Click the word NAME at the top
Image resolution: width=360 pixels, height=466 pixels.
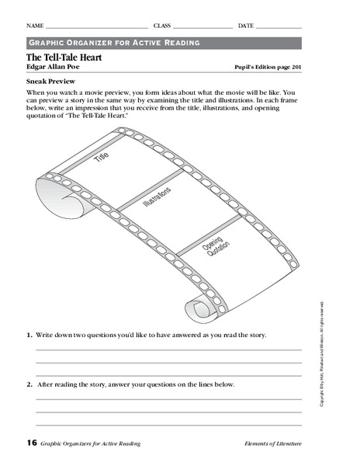34,26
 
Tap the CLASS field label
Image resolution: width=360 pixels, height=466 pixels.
162,26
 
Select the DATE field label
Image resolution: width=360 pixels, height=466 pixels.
246,26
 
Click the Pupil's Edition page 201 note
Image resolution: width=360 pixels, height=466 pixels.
268,68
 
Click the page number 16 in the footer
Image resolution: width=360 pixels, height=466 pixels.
31,443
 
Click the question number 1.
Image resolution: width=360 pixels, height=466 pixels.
29,335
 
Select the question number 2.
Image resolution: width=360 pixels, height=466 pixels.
29,384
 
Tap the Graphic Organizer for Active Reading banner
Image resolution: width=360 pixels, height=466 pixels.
114,43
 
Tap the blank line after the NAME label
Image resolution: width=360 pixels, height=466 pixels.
97,27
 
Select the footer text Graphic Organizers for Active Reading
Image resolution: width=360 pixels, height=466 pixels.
92,443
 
